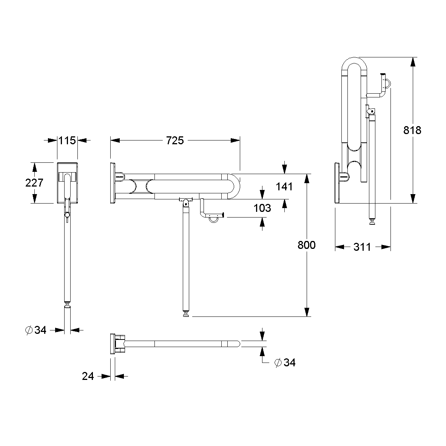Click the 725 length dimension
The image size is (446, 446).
coord(175,140)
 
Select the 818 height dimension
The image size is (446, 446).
coord(412,130)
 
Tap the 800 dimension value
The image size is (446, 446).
coord(306,245)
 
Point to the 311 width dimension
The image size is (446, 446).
coord(362,247)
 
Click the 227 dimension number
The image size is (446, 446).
coord(34,183)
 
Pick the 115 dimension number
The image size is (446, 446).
coord(67,140)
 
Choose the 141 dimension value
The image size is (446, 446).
coord(284,186)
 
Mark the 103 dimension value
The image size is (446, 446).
coord(262,208)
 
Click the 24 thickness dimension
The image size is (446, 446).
coord(88,376)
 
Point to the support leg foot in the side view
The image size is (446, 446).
coord(186,314)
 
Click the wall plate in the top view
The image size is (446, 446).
coord(112,344)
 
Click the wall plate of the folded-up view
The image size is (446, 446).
coord(337,183)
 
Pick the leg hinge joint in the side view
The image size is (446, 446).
coord(185,202)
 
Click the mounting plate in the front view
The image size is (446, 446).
coord(67,183)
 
